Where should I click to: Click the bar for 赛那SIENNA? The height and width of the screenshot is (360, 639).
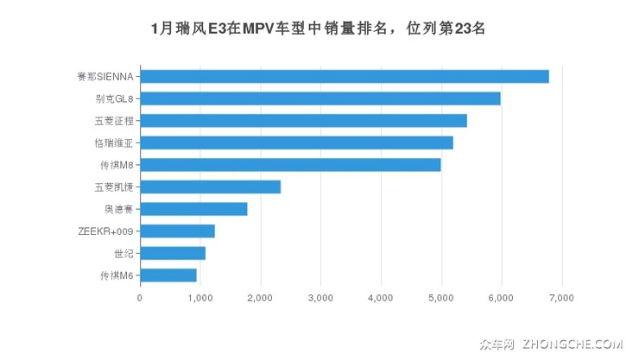pos(345,76)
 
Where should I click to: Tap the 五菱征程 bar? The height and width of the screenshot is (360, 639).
pos(303,121)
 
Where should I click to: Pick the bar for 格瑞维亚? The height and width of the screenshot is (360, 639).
pos(296,142)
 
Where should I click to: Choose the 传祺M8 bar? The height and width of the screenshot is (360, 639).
pos(290,165)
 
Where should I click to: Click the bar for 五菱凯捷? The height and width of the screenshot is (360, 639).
pos(210,186)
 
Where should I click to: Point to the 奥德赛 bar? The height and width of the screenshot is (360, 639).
pos(193,209)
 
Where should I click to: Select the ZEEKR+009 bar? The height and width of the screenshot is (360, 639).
pos(177,231)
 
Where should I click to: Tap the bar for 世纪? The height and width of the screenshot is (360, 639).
pos(173,253)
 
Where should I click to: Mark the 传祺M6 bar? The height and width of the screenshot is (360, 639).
pos(168,275)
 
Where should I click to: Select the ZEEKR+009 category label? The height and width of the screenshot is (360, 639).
pos(105,231)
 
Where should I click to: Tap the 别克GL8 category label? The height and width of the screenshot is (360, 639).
pos(114,98)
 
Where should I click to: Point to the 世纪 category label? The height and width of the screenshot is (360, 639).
pos(123,253)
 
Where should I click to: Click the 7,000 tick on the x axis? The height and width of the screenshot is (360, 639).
pos(561,298)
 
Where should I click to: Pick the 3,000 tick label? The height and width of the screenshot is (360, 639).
pos(320,298)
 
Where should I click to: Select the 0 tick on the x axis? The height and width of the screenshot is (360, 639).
pos(140,298)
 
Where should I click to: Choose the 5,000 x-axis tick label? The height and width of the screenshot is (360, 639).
pos(441,298)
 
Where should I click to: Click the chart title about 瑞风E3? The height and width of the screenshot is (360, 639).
pos(319,28)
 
